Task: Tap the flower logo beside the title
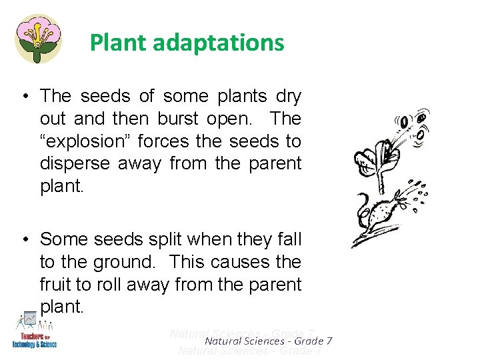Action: pyautogui.click(x=38, y=38)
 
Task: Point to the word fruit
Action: pyautogui.click(x=57, y=284)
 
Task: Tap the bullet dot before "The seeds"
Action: pyautogui.click(x=23, y=97)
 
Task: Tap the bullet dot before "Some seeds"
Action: pyautogui.click(x=23, y=239)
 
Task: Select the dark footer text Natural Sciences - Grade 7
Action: pyautogui.click(x=269, y=341)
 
